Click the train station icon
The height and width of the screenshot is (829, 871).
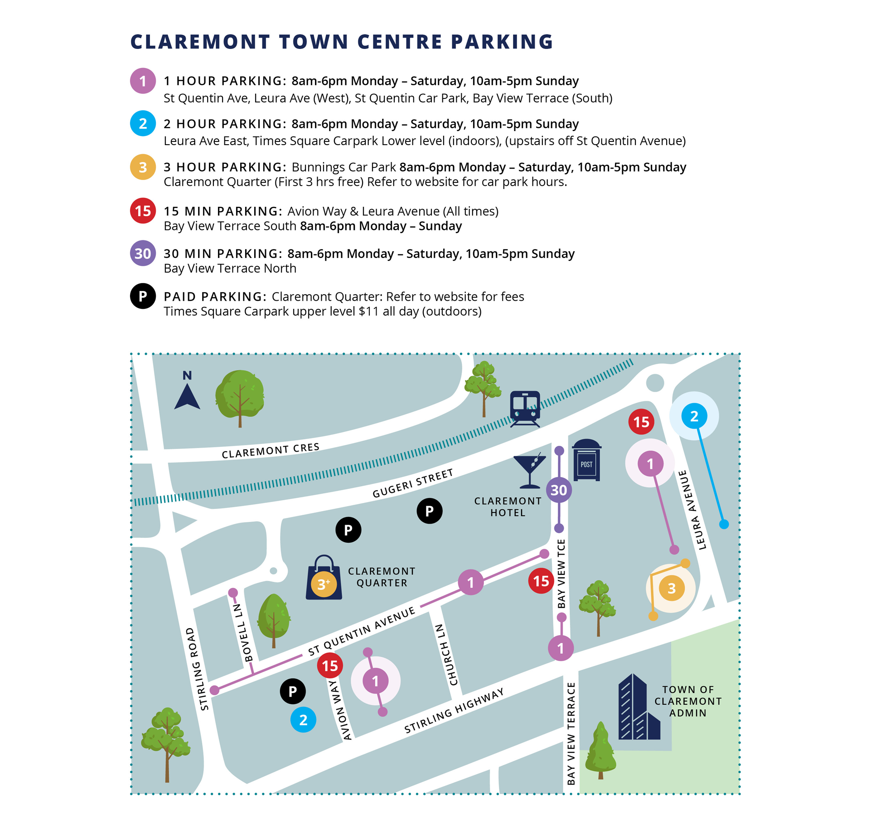click(525, 408)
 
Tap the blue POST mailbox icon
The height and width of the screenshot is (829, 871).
click(586, 460)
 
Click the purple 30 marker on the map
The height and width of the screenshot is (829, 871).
click(559, 490)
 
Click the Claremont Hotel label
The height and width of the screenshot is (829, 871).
click(508, 507)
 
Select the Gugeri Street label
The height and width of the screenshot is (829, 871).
click(412, 483)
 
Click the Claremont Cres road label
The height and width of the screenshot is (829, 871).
click(271, 450)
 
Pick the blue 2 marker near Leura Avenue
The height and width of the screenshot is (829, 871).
click(694, 416)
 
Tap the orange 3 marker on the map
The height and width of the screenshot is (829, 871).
click(671, 588)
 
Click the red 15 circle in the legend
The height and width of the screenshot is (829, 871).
click(143, 211)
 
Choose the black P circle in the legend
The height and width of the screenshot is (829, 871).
click(143, 296)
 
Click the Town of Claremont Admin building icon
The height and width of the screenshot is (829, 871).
click(639, 707)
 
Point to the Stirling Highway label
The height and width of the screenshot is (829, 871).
click(454, 711)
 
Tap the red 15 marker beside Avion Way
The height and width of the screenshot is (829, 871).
click(330, 666)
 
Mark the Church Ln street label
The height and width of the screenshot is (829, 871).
click(446, 655)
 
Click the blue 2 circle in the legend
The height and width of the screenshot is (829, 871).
click(143, 123)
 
